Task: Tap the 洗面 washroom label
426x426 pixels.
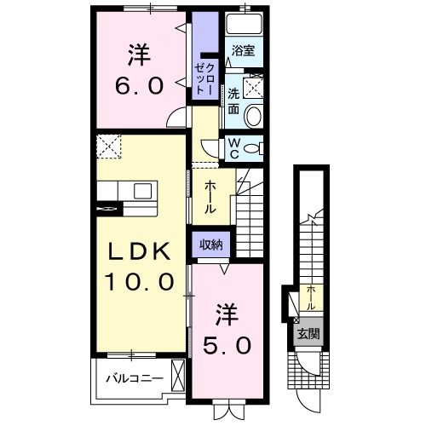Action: [x=233, y=101]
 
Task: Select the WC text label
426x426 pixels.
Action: [x=233, y=149]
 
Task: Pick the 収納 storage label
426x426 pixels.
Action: [x=211, y=245]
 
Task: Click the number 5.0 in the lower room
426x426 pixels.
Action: [x=226, y=346]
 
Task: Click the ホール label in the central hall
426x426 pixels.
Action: [x=210, y=198]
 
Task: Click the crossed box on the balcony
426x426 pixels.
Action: [x=178, y=375]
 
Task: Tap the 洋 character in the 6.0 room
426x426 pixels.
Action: [x=139, y=55]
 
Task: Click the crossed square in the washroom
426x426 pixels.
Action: [x=254, y=86]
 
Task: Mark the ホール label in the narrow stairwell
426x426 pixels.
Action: [x=312, y=297]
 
